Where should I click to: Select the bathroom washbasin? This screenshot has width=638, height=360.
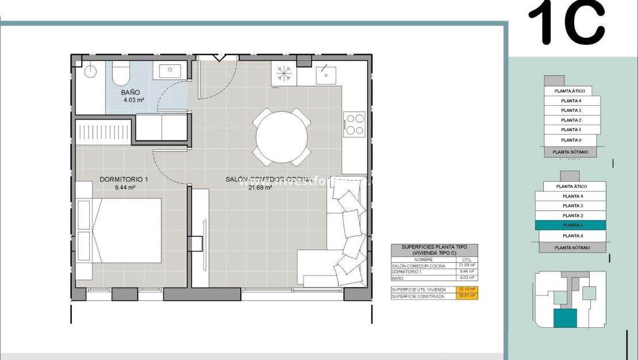click(x=170, y=71)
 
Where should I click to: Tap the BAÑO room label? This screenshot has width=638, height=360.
click(x=130, y=92)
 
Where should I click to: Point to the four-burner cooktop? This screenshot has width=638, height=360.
click(x=354, y=124)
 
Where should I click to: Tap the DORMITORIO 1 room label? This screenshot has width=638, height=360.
click(x=124, y=179)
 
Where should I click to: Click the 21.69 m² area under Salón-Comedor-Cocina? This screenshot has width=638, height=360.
click(x=260, y=187)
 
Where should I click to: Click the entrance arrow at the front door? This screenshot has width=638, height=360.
click(x=218, y=57)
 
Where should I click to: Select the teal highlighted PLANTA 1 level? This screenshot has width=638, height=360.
click(x=572, y=225)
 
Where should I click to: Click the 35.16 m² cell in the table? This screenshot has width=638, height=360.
click(x=466, y=289)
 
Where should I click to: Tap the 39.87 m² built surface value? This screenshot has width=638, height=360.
click(x=466, y=296)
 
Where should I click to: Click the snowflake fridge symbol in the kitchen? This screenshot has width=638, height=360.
click(x=284, y=74)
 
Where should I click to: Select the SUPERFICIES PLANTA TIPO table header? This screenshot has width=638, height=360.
click(x=434, y=250)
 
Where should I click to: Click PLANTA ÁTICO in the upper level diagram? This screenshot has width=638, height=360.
click(x=570, y=91)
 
